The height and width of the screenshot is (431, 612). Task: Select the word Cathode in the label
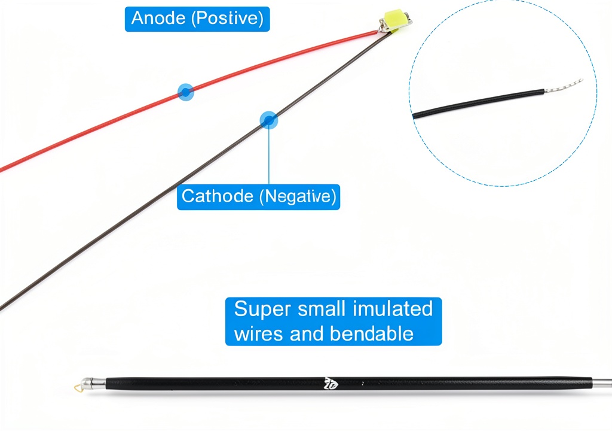[x=218, y=196]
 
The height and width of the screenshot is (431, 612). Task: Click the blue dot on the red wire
[x=186, y=92]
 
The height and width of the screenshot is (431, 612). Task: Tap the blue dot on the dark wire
[x=268, y=120]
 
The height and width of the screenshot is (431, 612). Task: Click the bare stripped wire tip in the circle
[x=564, y=86]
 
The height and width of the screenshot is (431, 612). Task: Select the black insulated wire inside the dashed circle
[x=479, y=104]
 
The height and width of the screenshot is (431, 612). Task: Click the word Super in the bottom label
[x=263, y=309]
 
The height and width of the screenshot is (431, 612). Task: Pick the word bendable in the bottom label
[x=372, y=333]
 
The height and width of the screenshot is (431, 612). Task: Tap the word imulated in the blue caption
[x=393, y=308]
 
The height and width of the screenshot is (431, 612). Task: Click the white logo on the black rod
[x=331, y=384]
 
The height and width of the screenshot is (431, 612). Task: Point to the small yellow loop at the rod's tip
[x=78, y=387]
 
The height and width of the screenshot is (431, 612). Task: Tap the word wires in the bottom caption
[x=259, y=334]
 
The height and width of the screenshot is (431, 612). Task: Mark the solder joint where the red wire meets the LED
[x=379, y=32]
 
